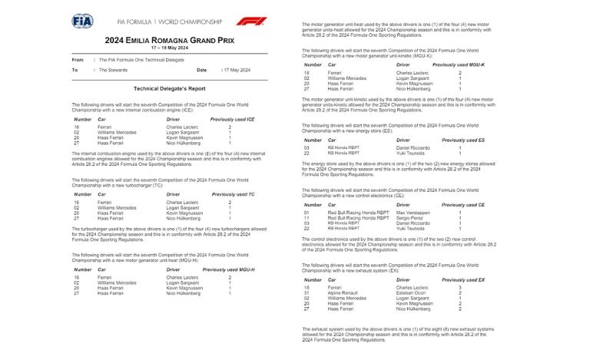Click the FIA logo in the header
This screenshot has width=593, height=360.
click(82, 21)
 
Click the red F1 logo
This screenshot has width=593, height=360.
click(251, 21)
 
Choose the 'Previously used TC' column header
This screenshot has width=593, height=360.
click(234, 194)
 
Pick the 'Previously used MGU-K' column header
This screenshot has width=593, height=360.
click(459, 65)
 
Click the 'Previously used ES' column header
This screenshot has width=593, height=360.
click(464, 140)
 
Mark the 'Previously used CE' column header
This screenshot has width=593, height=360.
click(464, 205)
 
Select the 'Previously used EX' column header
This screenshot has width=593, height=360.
click(464, 280)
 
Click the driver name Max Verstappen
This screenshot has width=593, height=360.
click(413, 213)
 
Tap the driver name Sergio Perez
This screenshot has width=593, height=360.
click(409, 218)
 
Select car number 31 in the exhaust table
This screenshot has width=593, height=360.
click(306, 292)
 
